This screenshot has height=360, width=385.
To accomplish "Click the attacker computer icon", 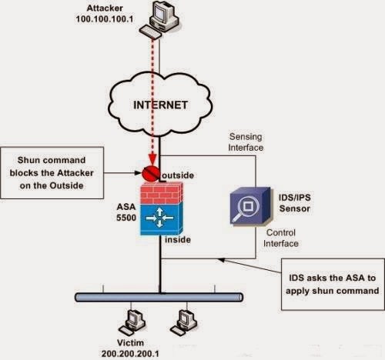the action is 159,19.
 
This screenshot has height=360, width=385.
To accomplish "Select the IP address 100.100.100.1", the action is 105,19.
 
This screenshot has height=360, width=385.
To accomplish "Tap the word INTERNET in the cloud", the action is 161,105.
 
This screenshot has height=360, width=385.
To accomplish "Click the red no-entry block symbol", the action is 151,173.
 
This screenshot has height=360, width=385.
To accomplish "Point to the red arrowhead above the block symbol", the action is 152,160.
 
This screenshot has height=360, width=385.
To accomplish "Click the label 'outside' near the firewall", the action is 178,175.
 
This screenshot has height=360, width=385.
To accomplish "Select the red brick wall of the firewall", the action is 162,193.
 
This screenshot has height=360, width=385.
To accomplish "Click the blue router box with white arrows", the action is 162,218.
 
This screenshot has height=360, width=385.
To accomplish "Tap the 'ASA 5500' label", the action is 126,212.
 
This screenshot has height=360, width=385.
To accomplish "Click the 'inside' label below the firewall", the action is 178,240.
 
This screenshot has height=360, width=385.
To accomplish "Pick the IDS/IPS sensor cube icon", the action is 250,206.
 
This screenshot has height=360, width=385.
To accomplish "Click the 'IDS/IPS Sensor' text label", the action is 295,203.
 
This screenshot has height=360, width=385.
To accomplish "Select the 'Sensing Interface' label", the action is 246,142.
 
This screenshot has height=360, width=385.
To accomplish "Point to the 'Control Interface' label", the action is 281,238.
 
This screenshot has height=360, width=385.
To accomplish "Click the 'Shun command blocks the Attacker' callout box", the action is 52,173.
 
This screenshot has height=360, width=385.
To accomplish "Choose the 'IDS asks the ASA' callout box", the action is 333,285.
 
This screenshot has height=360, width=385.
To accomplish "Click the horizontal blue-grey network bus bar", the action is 159,298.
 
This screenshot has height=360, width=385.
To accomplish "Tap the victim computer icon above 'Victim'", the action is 132,322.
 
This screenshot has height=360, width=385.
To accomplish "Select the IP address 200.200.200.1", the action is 130,354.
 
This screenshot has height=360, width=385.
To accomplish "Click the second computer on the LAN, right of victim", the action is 184,322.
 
